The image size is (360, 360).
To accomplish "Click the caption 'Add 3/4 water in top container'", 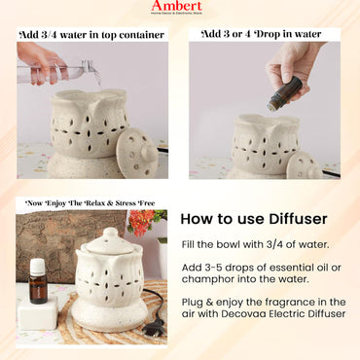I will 90,34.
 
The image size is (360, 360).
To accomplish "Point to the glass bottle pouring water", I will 68,71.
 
